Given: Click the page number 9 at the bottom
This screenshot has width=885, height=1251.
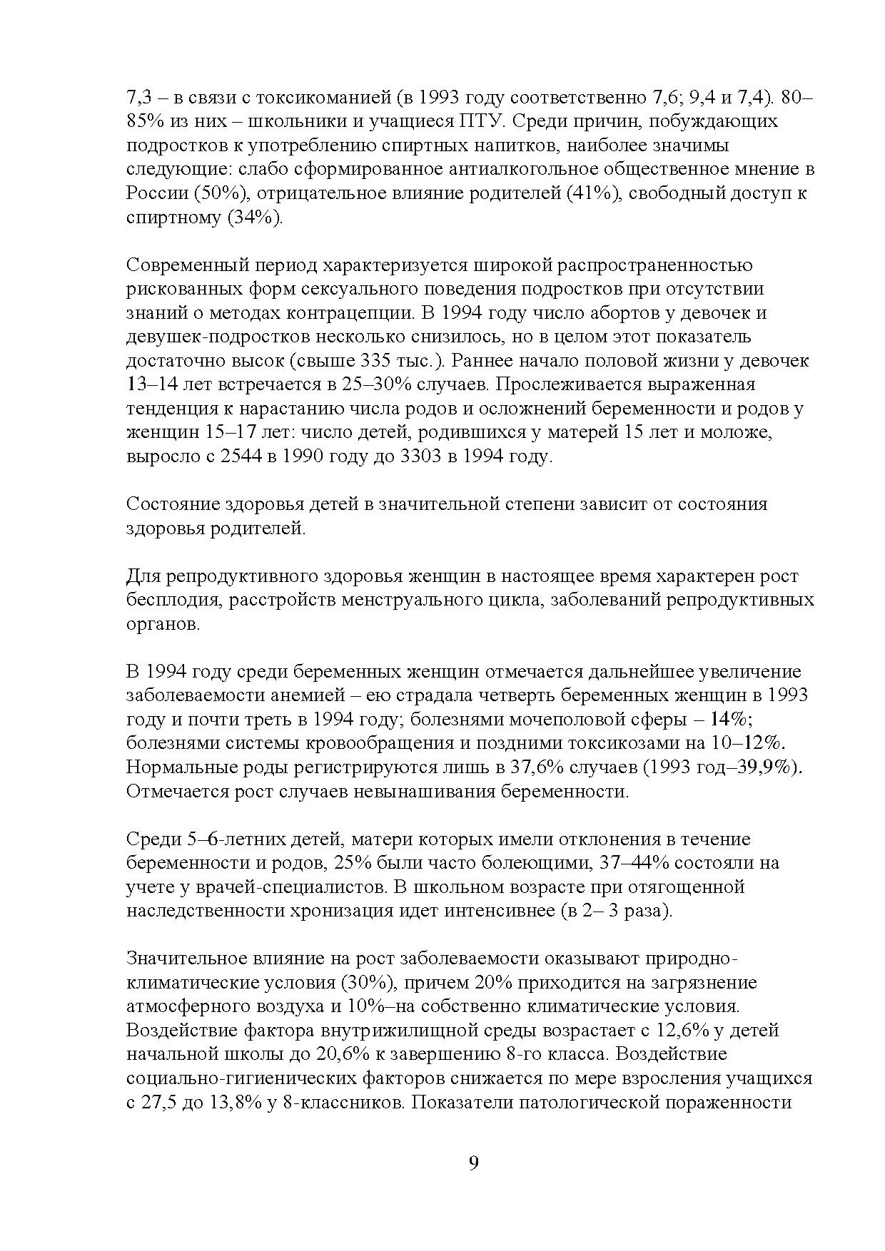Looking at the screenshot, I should (473, 1164).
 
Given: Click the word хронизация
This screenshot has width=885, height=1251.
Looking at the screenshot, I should (317, 912).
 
